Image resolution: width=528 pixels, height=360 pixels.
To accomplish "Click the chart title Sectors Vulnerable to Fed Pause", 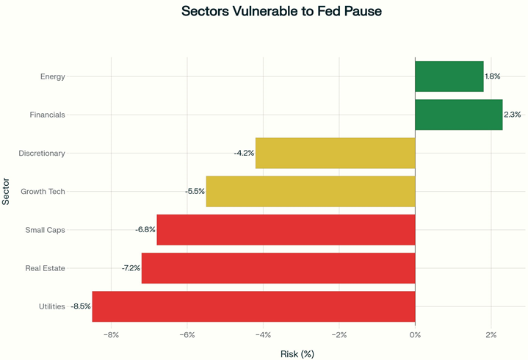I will tap(282, 12).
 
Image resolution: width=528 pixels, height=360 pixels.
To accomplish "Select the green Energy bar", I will tap(449, 76).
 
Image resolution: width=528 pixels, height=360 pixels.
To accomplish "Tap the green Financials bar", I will tap(458, 115).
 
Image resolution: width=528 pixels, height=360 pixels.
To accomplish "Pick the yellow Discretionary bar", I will tap(335, 153).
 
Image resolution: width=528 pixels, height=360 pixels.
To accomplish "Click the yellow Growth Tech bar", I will tap(310, 191).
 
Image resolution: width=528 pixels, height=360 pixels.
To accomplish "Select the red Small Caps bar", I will tap(286, 230).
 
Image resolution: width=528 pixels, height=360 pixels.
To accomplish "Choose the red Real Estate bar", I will tap(278, 268).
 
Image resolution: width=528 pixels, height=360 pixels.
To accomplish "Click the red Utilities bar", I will tap(253, 306).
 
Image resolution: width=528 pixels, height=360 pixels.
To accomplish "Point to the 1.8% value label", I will tap(493, 76).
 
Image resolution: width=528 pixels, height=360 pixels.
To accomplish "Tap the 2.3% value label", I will tap(512, 115).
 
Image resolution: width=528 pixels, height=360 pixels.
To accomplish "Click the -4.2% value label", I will tap(244, 153).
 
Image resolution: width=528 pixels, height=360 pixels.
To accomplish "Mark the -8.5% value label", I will tap(81, 306).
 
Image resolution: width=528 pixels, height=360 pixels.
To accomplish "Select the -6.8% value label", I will tap(145, 230).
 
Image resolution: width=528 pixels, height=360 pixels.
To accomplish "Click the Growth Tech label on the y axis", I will tap(43, 192).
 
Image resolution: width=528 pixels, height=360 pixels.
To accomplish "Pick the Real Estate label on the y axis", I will tap(45, 268).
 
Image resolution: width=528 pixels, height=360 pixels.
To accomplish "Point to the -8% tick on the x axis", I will tap(111, 335).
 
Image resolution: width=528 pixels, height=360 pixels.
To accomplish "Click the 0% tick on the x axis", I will tap(415, 335).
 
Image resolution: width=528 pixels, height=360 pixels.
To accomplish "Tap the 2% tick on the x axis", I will tap(491, 335).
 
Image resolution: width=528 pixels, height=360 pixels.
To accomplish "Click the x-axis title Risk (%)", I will tap(297, 353).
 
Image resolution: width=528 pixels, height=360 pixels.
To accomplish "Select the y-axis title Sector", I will tap(7, 191).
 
